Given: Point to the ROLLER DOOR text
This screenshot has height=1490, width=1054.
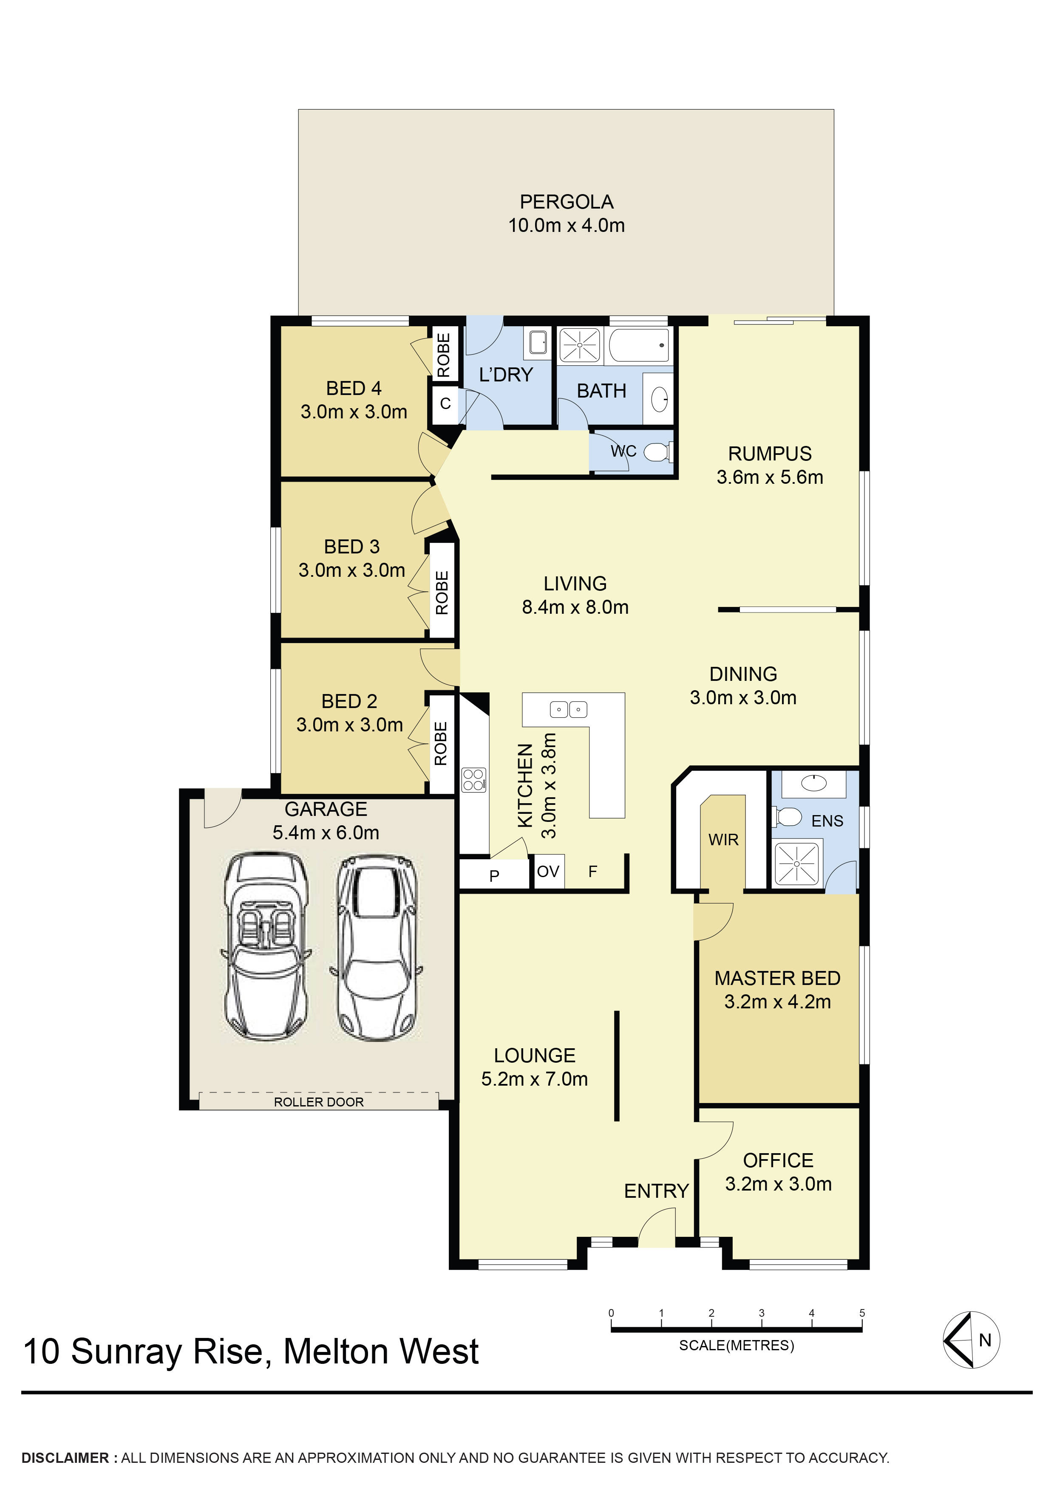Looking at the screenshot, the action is point(318,1102).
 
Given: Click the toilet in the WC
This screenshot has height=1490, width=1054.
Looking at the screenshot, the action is point(658,452).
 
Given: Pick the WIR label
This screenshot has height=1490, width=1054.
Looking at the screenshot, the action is point(723,840).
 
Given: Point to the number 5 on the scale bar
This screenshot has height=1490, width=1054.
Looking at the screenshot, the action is point(862,1313).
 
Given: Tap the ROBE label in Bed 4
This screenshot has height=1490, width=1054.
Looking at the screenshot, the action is point(444,355).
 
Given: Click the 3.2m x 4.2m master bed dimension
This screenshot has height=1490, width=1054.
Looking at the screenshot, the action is point(777,1002).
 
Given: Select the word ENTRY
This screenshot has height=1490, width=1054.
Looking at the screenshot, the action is point(656,1191).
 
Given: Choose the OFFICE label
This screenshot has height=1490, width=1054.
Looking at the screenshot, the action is point(778,1160).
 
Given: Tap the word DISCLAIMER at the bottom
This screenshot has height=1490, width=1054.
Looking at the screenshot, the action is point(65,1458).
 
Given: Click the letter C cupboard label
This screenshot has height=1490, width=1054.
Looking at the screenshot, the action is point(445,404).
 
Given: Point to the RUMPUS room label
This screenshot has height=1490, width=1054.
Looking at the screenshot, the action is point(770,454).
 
